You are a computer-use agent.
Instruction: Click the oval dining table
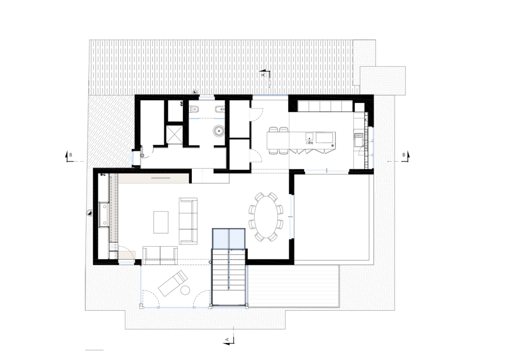point(266,217)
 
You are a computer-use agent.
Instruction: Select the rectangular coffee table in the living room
point(161,222)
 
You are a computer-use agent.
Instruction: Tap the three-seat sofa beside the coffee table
point(188,221)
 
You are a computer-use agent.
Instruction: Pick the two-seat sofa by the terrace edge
point(160,254)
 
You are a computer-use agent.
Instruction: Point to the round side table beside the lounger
point(185,290)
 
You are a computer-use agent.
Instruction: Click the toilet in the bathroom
point(194,109)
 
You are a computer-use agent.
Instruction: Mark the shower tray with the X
point(174,134)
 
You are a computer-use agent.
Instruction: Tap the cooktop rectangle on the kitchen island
point(325,137)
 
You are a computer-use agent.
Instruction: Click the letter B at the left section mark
point(71,155)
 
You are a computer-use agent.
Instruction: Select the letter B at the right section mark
point(404,155)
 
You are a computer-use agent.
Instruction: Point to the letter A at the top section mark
point(263,75)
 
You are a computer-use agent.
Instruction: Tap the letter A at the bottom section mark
point(228,340)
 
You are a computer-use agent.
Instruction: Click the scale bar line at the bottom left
point(94,350)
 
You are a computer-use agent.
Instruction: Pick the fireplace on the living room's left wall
point(104,214)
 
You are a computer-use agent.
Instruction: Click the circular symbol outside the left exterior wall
point(89,213)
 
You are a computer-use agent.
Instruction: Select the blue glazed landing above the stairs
point(229,238)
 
